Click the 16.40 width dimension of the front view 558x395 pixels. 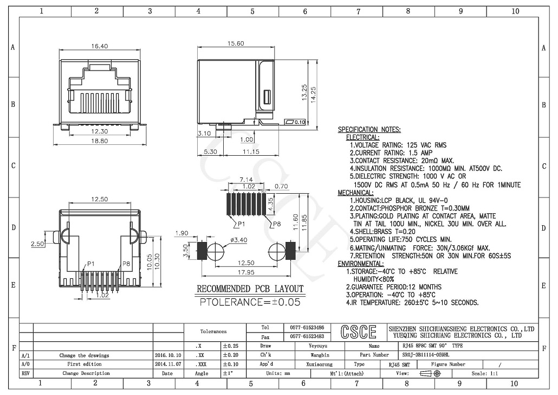(x=99, y=46)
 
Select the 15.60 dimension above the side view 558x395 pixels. (x=236, y=43)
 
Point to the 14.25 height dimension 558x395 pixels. (x=314, y=95)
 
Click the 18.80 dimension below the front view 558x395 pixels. (x=99, y=141)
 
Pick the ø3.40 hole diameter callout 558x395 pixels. (x=238, y=240)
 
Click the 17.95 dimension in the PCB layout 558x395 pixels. (x=246, y=272)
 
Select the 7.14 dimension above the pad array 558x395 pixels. (x=246, y=179)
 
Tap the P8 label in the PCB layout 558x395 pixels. (x=276, y=224)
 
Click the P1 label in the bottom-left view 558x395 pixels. (x=91, y=264)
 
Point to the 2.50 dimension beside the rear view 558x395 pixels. (x=37, y=244)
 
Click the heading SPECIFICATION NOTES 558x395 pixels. (x=369, y=130)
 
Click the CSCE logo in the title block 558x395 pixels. (x=358, y=332)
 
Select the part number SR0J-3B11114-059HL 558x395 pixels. (x=426, y=355)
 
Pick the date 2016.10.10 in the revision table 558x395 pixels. (x=168, y=355)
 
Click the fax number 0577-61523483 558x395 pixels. (x=307, y=336)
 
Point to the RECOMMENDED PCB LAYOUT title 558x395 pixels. (x=250, y=289)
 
